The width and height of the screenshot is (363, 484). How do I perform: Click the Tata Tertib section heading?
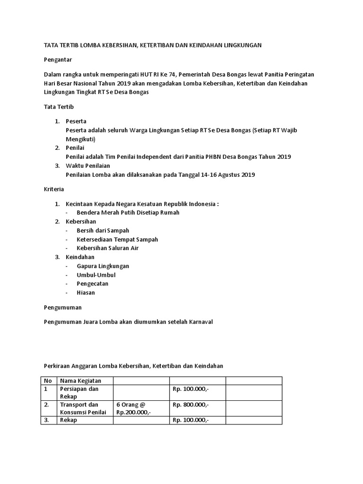59,107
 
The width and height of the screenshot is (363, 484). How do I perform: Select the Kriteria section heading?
54,189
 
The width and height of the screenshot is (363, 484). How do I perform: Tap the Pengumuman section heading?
62,307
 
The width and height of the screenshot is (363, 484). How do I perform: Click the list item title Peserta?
76,121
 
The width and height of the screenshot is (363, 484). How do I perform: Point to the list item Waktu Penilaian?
88,165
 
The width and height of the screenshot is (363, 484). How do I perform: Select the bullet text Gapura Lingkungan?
103,266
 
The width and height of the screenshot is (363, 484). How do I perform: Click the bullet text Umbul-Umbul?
96,275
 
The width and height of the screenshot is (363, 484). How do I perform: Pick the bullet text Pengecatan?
93,284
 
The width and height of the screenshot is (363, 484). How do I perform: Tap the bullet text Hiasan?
86,293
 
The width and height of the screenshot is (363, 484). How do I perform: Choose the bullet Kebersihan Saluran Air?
107,248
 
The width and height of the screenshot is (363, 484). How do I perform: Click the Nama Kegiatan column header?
80,381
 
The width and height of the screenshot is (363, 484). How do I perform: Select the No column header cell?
48,381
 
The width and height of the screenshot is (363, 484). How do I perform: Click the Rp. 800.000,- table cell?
190,405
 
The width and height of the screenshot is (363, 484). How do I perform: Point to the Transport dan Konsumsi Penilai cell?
83,408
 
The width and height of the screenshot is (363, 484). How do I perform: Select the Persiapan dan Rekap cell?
79,393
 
